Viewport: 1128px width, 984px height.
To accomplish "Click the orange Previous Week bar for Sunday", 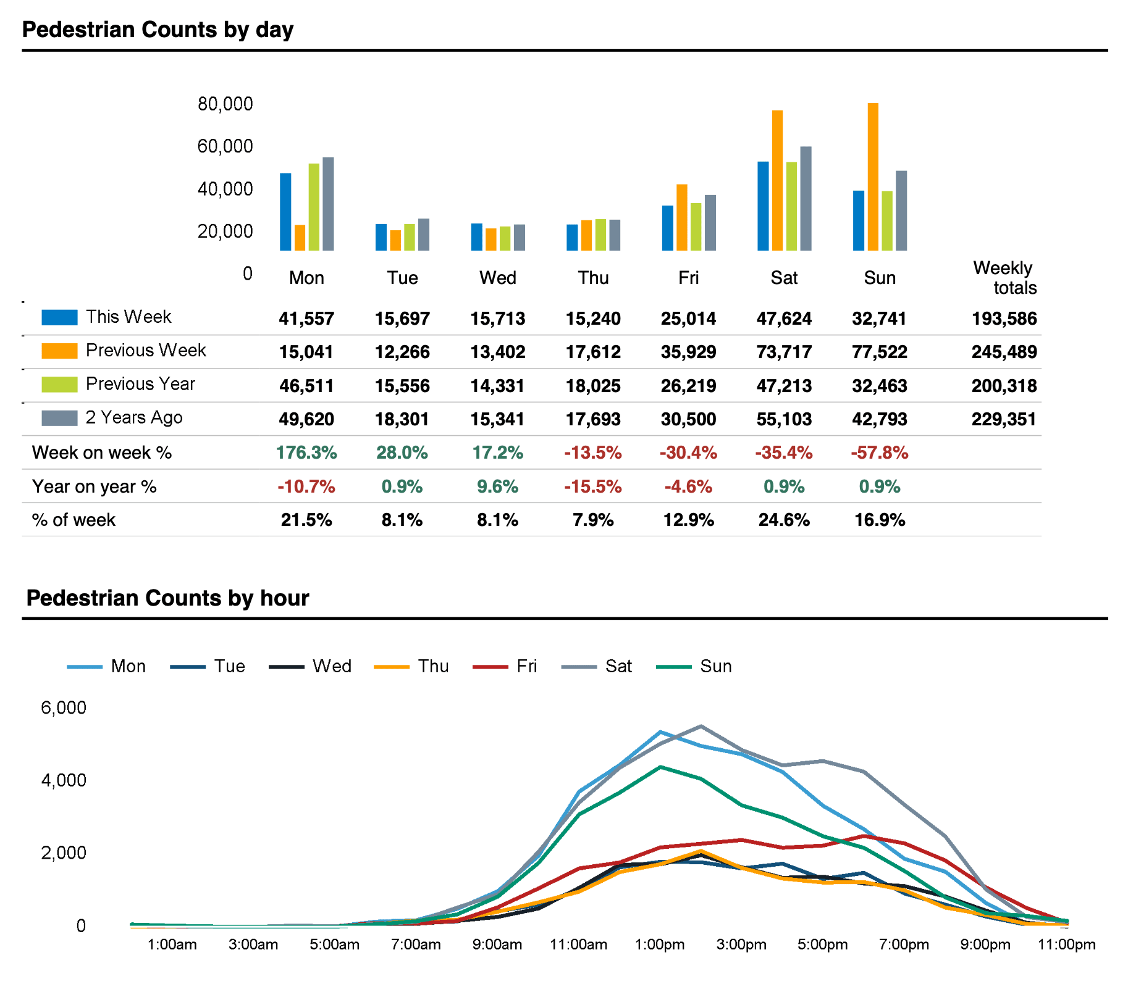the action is (x=873, y=177).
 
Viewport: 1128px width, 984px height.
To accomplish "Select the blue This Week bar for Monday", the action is (x=285, y=212).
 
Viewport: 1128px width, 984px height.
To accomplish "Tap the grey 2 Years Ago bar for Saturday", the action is (x=806, y=198).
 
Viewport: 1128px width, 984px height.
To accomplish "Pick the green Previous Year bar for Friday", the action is (x=696, y=227).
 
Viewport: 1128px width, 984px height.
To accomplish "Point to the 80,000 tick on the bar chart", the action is (x=225, y=104).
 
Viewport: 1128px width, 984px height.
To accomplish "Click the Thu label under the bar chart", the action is (x=593, y=278).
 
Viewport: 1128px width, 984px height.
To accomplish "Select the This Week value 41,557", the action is (x=306, y=319).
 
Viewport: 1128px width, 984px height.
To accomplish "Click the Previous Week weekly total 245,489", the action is (x=1004, y=352).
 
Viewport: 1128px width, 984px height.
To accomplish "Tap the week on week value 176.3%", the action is (x=306, y=452).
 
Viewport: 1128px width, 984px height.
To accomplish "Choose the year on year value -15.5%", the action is (x=593, y=486).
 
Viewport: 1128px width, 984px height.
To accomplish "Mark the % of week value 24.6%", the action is (x=784, y=520).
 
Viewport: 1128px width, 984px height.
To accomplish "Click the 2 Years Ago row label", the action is (x=134, y=417).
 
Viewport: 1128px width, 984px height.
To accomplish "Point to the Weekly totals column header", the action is (x=1005, y=278).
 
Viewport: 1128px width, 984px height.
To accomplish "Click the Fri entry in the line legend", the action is (x=505, y=666).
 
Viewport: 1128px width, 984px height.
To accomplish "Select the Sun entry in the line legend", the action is (x=694, y=666).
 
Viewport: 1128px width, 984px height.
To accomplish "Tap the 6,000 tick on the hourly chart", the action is (x=64, y=707).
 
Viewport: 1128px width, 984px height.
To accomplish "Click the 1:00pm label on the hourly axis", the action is (x=660, y=944).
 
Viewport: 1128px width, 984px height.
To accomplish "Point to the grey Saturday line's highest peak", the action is (x=701, y=726).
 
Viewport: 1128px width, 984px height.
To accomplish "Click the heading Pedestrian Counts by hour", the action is (x=167, y=598).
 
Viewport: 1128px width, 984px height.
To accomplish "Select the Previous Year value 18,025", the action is (x=593, y=386).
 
